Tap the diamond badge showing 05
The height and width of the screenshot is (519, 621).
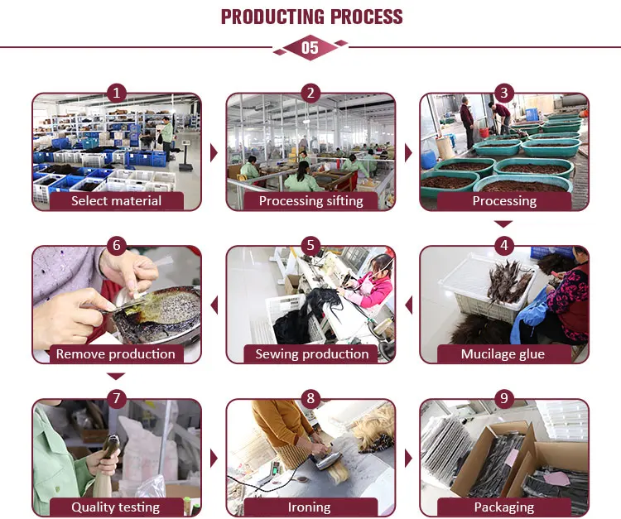[310, 47]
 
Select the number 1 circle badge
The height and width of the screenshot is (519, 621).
[117, 94]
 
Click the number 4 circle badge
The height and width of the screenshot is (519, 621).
[504, 246]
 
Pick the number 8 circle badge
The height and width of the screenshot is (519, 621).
[310, 399]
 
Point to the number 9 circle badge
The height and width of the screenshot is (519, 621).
[504, 399]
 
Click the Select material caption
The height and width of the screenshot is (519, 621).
[117, 201]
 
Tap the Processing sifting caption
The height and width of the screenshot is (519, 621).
[310, 201]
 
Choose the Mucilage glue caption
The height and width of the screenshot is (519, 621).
[503, 354]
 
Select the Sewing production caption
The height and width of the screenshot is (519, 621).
[311, 354]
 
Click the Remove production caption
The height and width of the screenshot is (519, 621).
[116, 354]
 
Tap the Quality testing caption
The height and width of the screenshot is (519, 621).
[116, 507]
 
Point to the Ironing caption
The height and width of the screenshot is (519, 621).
[310, 507]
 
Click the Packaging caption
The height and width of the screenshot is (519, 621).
[504, 507]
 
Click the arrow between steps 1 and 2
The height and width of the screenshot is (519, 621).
[214, 153]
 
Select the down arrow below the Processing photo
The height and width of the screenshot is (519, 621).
[503, 224]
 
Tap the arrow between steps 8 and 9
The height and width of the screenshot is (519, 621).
[408, 459]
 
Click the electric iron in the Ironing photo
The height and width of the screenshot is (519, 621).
[328, 459]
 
